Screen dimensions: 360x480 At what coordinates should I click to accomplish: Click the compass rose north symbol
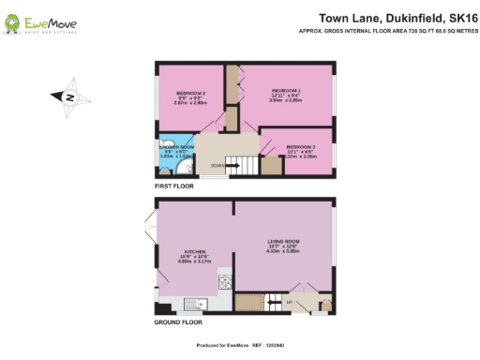tap(71, 97)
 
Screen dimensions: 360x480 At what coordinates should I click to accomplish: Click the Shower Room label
tap(175, 147)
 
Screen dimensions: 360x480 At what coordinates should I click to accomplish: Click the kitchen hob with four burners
tap(225, 280)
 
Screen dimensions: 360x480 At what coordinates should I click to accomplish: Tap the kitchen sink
tap(194, 302)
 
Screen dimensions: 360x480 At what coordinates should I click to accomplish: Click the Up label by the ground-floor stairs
tap(289, 302)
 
